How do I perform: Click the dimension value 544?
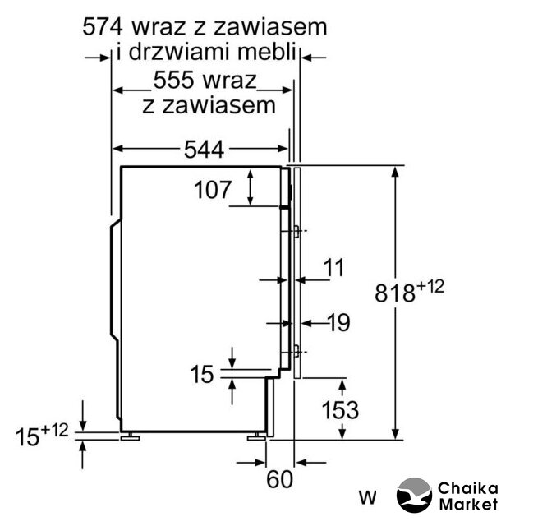[204, 150]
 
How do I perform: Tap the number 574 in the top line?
[103, 27]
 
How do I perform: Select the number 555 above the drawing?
[173, 80]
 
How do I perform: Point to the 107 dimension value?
[213, 190]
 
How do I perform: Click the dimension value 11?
[333, 268]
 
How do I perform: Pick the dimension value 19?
[338, 322]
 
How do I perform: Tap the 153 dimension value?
[340, 410]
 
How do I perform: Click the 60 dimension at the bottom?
[279, 479]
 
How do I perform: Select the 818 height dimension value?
[395, 293]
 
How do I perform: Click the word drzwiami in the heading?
[180, 52]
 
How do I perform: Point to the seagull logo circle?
[414, 495]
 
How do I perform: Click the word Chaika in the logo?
[468, 488]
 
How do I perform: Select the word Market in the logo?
[468, 505]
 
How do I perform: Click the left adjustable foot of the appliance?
[130, 436]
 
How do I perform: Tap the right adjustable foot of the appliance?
[257, 436]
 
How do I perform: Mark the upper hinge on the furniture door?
[296, 231]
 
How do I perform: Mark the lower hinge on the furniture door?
[296, 351]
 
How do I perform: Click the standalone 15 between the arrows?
[202, 374]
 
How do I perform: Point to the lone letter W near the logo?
[368, 497]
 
